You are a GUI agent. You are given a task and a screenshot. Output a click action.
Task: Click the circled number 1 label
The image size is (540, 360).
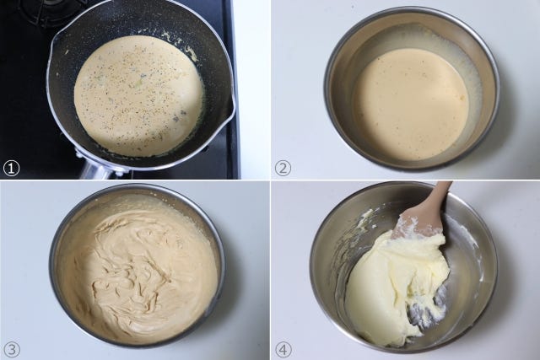click(x=11, y=169)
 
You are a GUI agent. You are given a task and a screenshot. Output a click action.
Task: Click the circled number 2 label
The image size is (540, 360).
click(x=283, y=169)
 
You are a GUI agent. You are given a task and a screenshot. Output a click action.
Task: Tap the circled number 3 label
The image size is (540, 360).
click(x=11, y=350)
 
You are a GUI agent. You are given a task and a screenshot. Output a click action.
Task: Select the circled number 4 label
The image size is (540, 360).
click(x=283, y=350)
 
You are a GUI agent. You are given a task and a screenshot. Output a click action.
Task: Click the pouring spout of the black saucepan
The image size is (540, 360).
click(x=231, y=106)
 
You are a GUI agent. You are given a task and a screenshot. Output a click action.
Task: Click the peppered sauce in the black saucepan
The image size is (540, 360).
click(x=138, y=96)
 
